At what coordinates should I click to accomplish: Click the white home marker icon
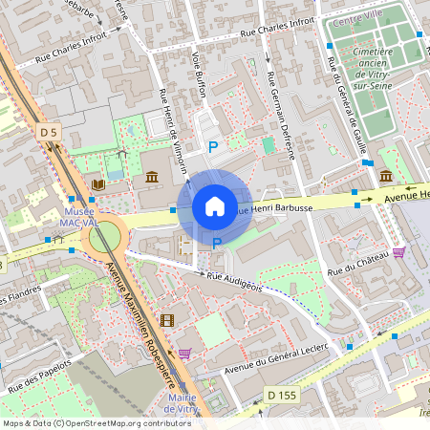(x=215, y=206)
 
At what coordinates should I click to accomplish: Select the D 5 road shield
(x=50, y=130)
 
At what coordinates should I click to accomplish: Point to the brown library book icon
(x=97, y=183)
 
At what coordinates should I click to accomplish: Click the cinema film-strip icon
(x=167, y=320)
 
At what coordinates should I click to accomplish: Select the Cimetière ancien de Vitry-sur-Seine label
(x=372, y=66)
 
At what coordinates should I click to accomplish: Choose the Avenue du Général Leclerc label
(x=276, y=357)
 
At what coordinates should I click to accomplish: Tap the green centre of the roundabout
(x=105, y=235)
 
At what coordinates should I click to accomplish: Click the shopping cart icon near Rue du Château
(x=398, y=252)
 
